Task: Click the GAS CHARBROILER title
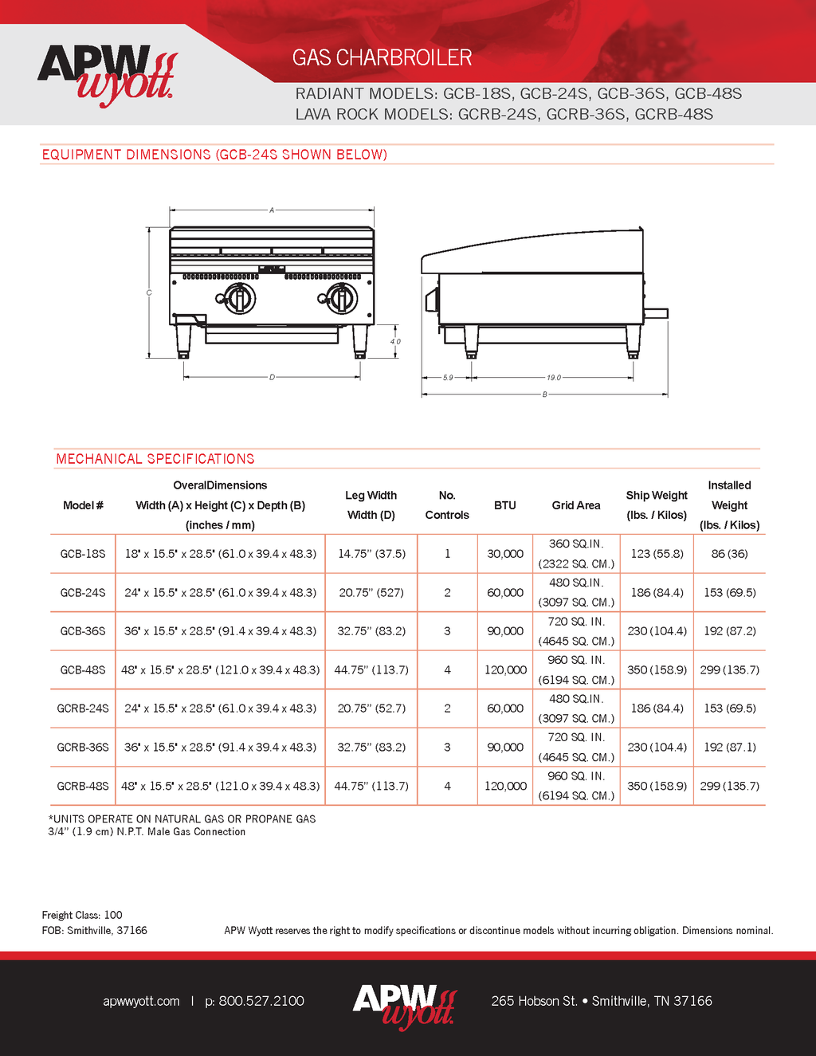pos(382,57)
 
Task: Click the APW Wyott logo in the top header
pos(106,75)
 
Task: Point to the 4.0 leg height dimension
pos(395,341)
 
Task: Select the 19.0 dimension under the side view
pos(554,378)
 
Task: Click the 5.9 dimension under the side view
pos(448,378)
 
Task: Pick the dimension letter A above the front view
pos(272,210)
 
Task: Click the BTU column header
pos(504,505)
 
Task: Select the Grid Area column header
pos(575,505)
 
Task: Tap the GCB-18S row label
pos(83,554)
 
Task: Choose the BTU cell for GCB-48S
pos(505,670)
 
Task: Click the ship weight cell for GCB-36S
pos(657,631)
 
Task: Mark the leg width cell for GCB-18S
pos(371,554)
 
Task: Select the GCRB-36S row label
pos(83,748)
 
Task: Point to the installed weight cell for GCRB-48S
pos(729,786)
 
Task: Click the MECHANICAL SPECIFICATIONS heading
pos(155,459)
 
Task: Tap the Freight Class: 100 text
pos(82,915)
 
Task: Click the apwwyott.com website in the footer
pos(141,1001)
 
